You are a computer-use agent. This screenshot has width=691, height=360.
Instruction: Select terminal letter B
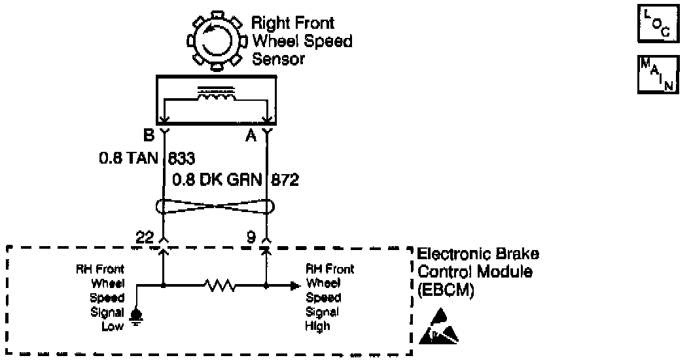coord(148,135)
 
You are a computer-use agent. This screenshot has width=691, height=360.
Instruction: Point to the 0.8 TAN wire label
coord(129,158)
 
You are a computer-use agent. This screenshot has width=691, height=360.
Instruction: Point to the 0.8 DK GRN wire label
coord(219,179)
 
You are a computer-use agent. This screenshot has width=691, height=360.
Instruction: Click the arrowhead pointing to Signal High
coord(294,286)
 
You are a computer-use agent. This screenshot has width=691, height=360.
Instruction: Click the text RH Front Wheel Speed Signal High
coord(330,297)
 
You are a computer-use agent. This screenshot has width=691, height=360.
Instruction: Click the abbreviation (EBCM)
coord(444,289)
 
